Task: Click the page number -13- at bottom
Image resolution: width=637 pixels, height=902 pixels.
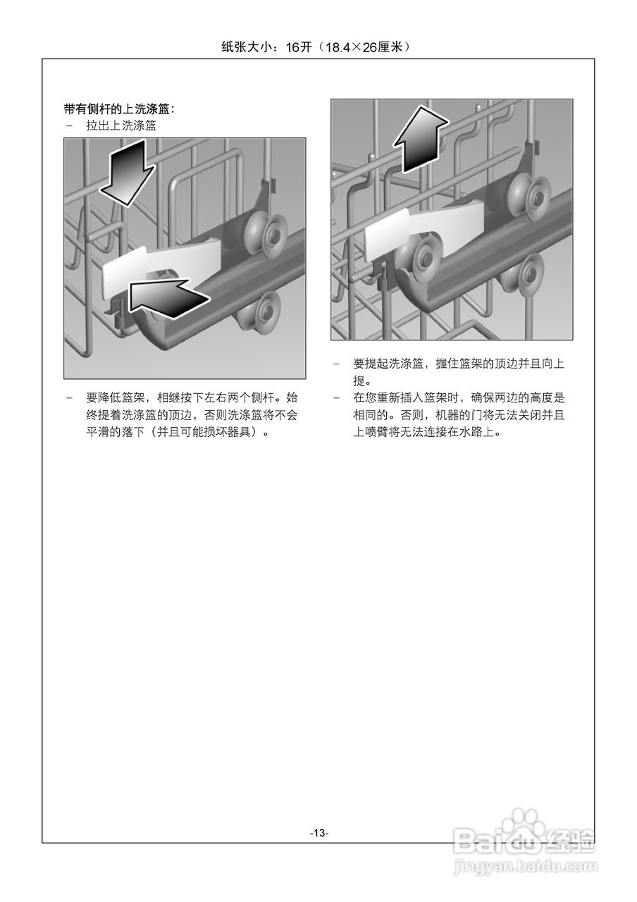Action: pos(318,832)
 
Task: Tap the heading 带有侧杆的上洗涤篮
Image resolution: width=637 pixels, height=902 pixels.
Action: pos(118,109)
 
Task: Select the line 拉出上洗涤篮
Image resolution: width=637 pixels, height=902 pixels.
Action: pos(120,125)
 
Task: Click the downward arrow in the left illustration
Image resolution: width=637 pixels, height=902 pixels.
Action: pos(127,171)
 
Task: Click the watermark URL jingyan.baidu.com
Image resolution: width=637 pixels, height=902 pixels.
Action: pos(525,865)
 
